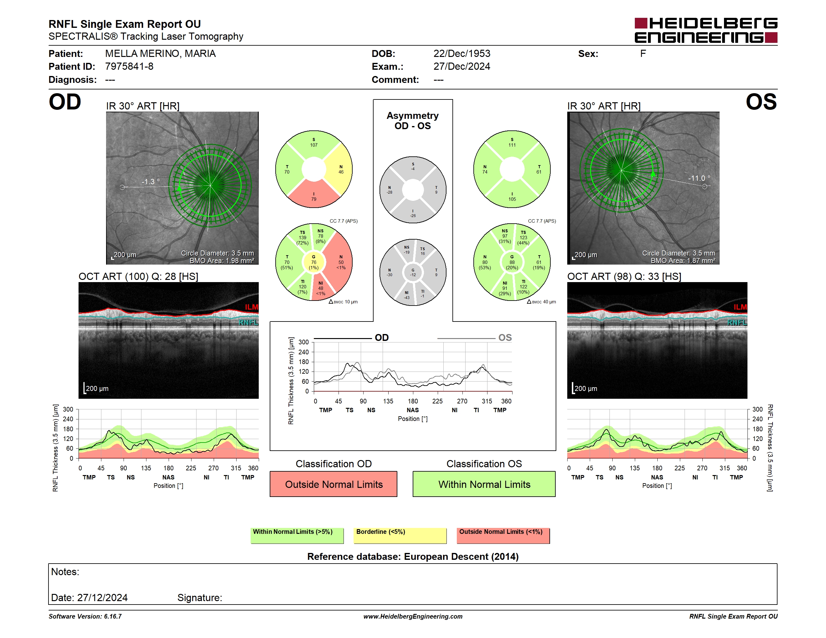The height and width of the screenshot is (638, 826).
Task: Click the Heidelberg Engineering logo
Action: [706, 30]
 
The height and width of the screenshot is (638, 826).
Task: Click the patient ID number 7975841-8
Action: [129, 67]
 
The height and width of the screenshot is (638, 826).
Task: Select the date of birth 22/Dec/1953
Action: [462, 54]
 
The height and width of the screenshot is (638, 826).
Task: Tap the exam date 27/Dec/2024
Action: [462, 67]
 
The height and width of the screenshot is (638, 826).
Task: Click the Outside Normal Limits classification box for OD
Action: [334, 484]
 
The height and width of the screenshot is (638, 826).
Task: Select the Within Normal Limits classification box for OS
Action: [484, 484]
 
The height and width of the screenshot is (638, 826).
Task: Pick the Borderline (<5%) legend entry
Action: [400, 535]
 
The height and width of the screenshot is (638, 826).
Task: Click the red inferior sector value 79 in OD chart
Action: [314, 199]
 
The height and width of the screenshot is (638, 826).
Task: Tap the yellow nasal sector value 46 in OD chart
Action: [341, 172]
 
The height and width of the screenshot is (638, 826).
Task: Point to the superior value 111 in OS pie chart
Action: [512, 145]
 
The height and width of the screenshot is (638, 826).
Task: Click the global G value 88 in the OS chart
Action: [512, 262]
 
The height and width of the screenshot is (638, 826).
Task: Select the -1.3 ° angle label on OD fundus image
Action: [150, 182]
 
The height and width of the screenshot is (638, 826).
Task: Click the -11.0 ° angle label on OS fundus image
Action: [699, 178]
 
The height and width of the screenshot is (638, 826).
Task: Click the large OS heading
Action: [761, 102]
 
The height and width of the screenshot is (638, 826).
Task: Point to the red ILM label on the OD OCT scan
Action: [252, 307]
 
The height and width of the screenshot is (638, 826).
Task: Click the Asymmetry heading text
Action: [413, 116]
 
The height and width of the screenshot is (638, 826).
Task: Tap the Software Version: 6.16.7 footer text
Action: [85, 616]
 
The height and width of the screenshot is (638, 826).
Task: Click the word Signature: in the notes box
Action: [200, 598]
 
